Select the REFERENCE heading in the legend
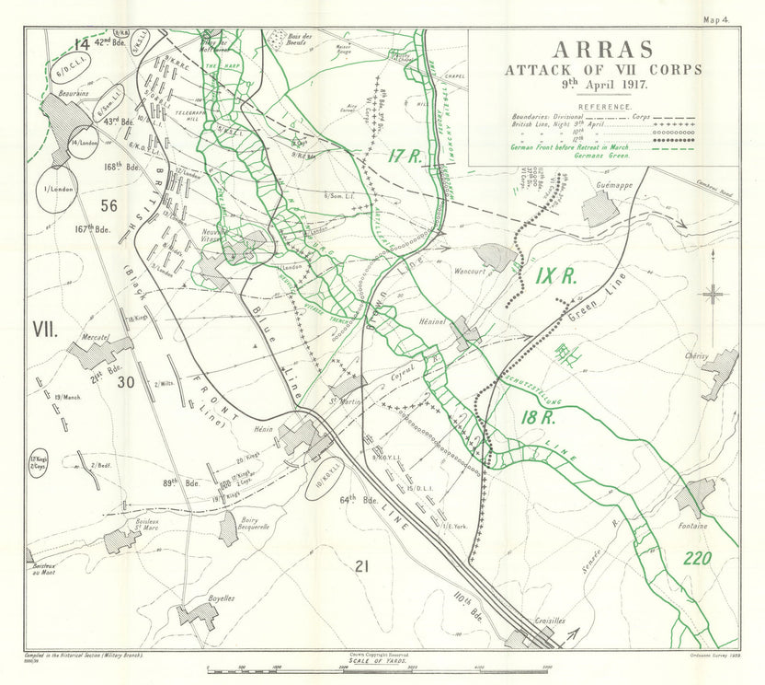604,107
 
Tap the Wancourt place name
472,272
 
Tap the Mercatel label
95,338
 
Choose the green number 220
701,558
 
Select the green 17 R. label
402,157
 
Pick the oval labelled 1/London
56,190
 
